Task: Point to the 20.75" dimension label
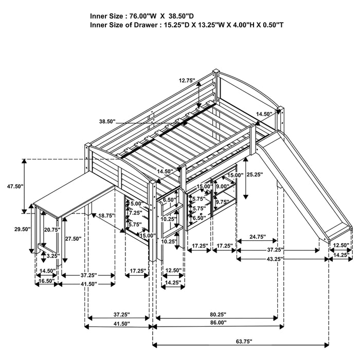[52, 229]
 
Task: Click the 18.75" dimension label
[107, 216]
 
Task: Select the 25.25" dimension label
[254, 174]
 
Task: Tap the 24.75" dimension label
[257, 237]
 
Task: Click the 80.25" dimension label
[216, 314]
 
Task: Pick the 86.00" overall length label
[216, 323]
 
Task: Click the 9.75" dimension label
[223, 202]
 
